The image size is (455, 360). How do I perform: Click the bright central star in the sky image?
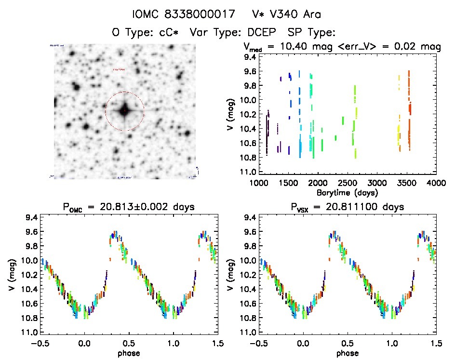(124, 111)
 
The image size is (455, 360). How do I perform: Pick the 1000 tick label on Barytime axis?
(258, 184)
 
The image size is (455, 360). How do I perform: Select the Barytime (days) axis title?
(347, 192)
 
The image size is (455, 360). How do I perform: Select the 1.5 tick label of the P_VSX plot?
(436, 344)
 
